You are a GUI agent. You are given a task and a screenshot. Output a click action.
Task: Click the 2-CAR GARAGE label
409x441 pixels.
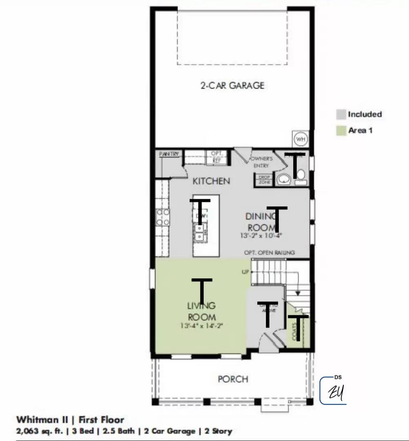click(232, 85)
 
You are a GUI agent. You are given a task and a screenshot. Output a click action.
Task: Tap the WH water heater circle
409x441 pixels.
click(301, 139)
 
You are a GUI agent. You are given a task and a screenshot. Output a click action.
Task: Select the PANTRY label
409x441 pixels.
click(169, 154)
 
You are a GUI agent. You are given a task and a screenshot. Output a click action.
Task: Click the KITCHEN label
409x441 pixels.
click(211, 181)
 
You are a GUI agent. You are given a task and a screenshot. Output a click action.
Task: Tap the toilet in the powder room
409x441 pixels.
click(301, 176)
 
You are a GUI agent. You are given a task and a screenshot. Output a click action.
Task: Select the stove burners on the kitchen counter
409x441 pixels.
click(163, 217)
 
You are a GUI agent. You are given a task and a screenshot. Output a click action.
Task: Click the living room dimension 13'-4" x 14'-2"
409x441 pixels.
click(201, 325)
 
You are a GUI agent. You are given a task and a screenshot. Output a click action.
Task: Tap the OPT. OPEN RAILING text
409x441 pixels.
click(269, 253)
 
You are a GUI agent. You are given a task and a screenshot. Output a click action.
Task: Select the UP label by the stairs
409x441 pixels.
click(245, 272)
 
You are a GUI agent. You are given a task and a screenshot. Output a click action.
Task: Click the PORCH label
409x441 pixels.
click(233, 379)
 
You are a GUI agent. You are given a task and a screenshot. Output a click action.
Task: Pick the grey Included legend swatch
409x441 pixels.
click(341, 114)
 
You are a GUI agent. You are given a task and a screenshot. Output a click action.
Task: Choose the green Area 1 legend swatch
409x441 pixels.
click(341, 131)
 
